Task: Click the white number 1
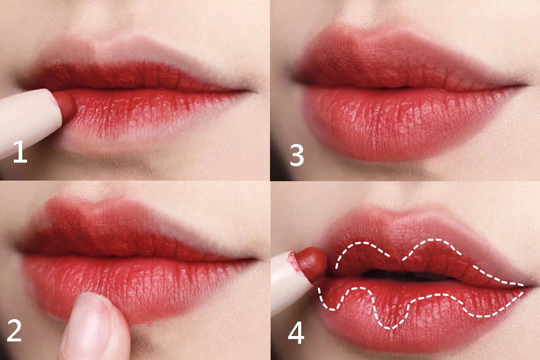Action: [20, 151]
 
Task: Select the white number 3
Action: [297, 155]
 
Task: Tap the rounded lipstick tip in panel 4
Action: [311, 263]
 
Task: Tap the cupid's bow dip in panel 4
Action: [400, 218]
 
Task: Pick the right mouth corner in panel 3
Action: [525, 84]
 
